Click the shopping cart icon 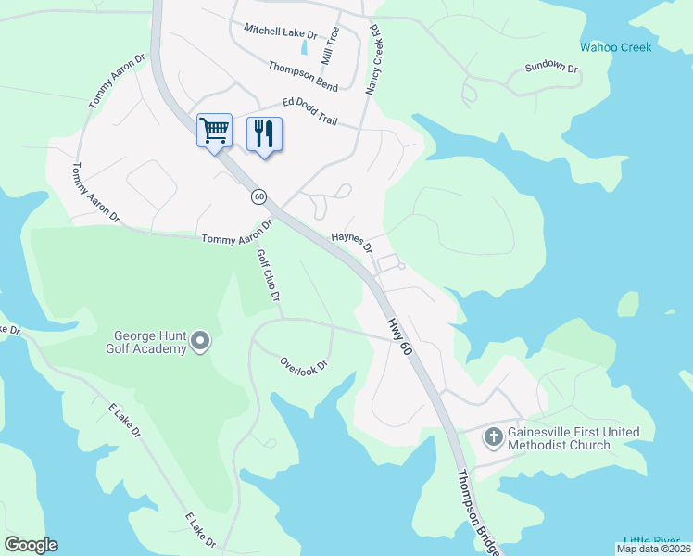[x=214, y=130]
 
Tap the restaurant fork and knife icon [x=264, y=133]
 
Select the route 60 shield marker [x=258, y=196]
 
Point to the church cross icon [x=494, y=435]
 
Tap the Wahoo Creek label [x=615, y=47]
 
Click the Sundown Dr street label [x=550, y=68]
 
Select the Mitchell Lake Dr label [x=280, y=32]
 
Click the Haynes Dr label [x=352, y=243]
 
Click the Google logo [x=31, y=545]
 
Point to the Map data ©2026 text [x=653, y=549]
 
